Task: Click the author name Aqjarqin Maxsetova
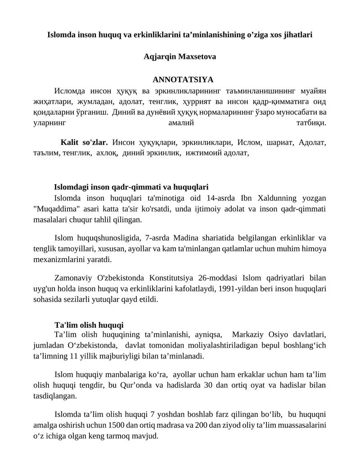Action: coord(180,57)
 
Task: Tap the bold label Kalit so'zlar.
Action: coord(84,143)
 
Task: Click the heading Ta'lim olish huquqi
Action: coord(89,325)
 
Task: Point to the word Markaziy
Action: coord(251,335)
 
